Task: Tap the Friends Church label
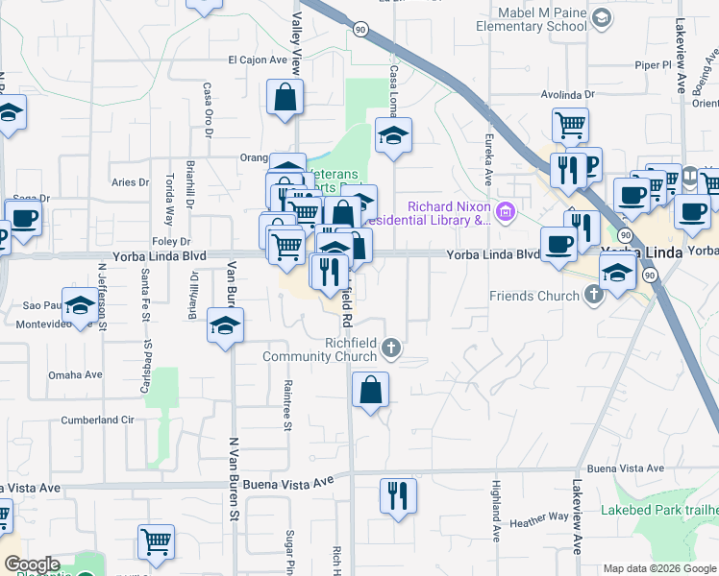534,295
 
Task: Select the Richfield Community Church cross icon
390,347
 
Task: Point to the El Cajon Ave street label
258,60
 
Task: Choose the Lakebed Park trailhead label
660,509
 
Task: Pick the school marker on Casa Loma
393,137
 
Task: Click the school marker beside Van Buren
226,326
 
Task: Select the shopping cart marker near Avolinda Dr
570,125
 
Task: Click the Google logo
32,564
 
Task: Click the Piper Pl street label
653,64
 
